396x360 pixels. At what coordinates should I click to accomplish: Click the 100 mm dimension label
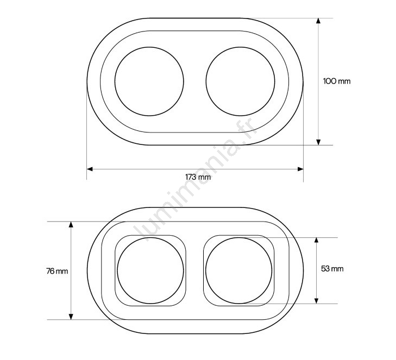(x=337, y=81)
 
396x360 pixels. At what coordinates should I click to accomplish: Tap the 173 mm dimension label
(x=198, y=177)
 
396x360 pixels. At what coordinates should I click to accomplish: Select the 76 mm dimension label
(x=57, y=271)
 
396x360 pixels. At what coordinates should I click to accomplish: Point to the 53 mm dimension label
(x=332, y=269)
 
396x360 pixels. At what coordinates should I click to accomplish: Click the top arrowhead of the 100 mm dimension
(x=318, y=21)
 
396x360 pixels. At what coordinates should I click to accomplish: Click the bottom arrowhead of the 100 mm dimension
(x=318, y=142)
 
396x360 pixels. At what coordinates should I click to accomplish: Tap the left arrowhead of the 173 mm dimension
(x=90, y=169)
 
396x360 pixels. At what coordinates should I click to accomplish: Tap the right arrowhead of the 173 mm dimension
(x=300, y=169)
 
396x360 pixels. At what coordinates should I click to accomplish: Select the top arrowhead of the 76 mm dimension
(x=71, y=224)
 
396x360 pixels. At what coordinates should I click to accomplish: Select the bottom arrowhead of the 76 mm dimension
(x=71, y=317)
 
